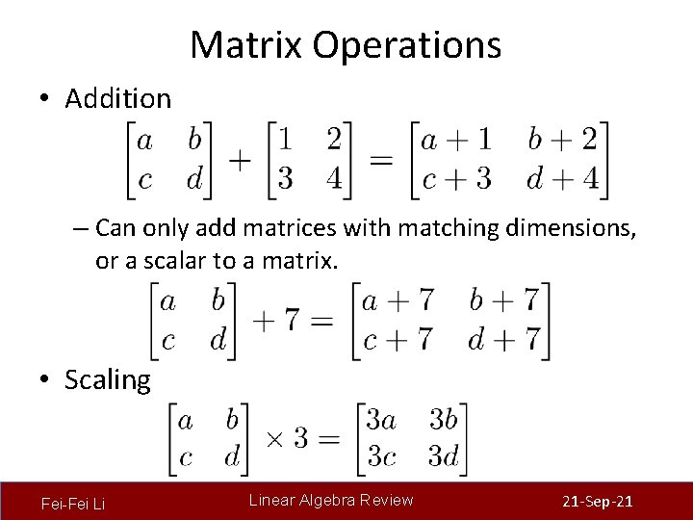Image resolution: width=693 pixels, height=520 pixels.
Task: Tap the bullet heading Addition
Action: pyautogui.click(x=117, y=98)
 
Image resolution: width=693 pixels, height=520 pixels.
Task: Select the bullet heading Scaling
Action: pyautogui.click(x=107, y=379)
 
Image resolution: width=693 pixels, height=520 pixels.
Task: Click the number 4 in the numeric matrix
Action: pyautogui.click(x=333, y=178)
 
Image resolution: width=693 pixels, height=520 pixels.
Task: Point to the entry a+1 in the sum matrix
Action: pyautogui.click(x=457, y=140)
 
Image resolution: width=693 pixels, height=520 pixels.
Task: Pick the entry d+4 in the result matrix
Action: pyautogui.click(x=561, y=178)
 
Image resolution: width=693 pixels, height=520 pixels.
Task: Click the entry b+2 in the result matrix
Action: pyautogui.click(x=561, y=140)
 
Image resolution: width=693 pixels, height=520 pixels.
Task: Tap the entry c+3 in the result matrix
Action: pyautogui.click(x=457, y=178)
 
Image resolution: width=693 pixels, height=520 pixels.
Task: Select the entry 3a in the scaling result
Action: pyautogui.click(x=381, y=420)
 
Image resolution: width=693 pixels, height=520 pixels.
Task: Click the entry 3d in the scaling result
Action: pyautogui.click(x=443, y=455)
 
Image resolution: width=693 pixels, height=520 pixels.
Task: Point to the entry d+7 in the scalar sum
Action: pyautogui.click(x=504, y=339)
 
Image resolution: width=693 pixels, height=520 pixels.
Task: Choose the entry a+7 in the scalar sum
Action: pyautogui.click(x=398, y=300)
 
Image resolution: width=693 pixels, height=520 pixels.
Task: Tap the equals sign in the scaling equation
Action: pyautogui.click(x=329, y=439)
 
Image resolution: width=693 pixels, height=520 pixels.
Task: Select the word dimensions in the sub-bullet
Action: pyautogui.click(x=568, y=229)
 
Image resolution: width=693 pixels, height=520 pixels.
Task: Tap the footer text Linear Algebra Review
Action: pyautogui.click(x=331, y=500)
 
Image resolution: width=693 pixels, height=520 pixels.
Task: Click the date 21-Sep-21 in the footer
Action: pyautogui.click(x=596, y=502)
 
